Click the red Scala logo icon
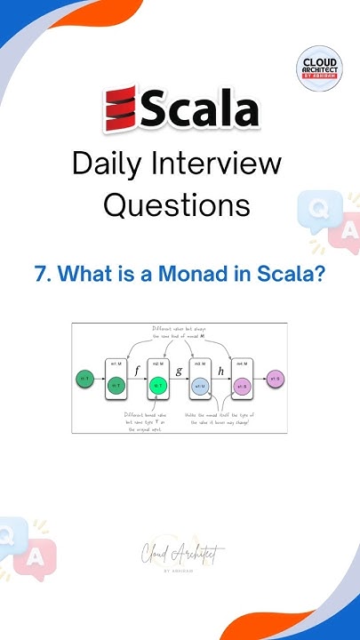tap(118, 109)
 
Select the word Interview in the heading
tap(226, 164)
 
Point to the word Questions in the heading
tap(176, 205)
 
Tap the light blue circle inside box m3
tap(201, 386)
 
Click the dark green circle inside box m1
tap(116, 386)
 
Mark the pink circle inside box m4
tap(243, 386)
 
